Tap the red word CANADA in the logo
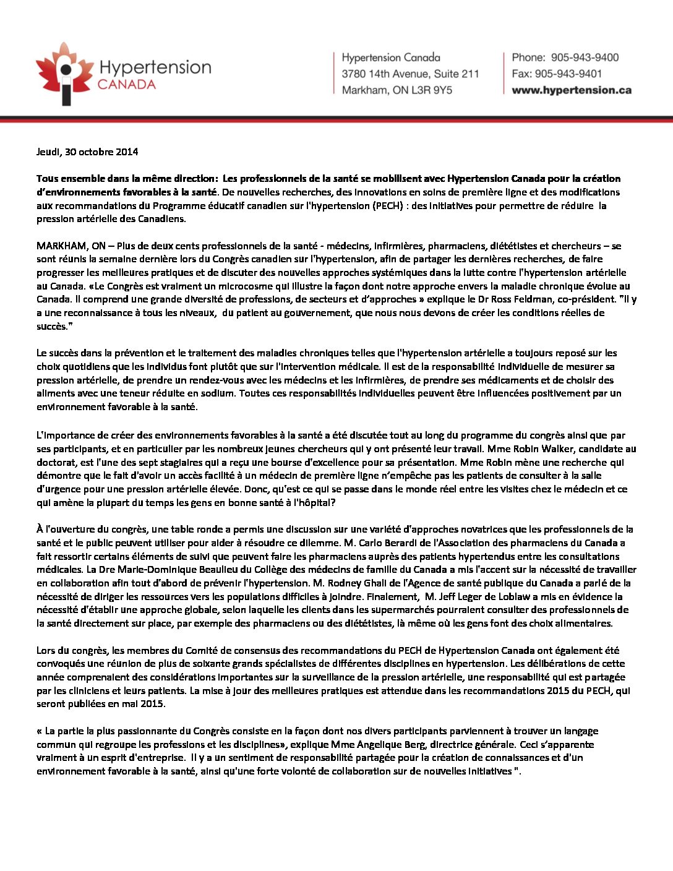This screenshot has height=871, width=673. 127,85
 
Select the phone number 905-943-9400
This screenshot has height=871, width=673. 585,58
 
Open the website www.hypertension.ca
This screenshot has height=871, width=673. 572,90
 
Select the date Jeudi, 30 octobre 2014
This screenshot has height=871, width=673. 87,152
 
